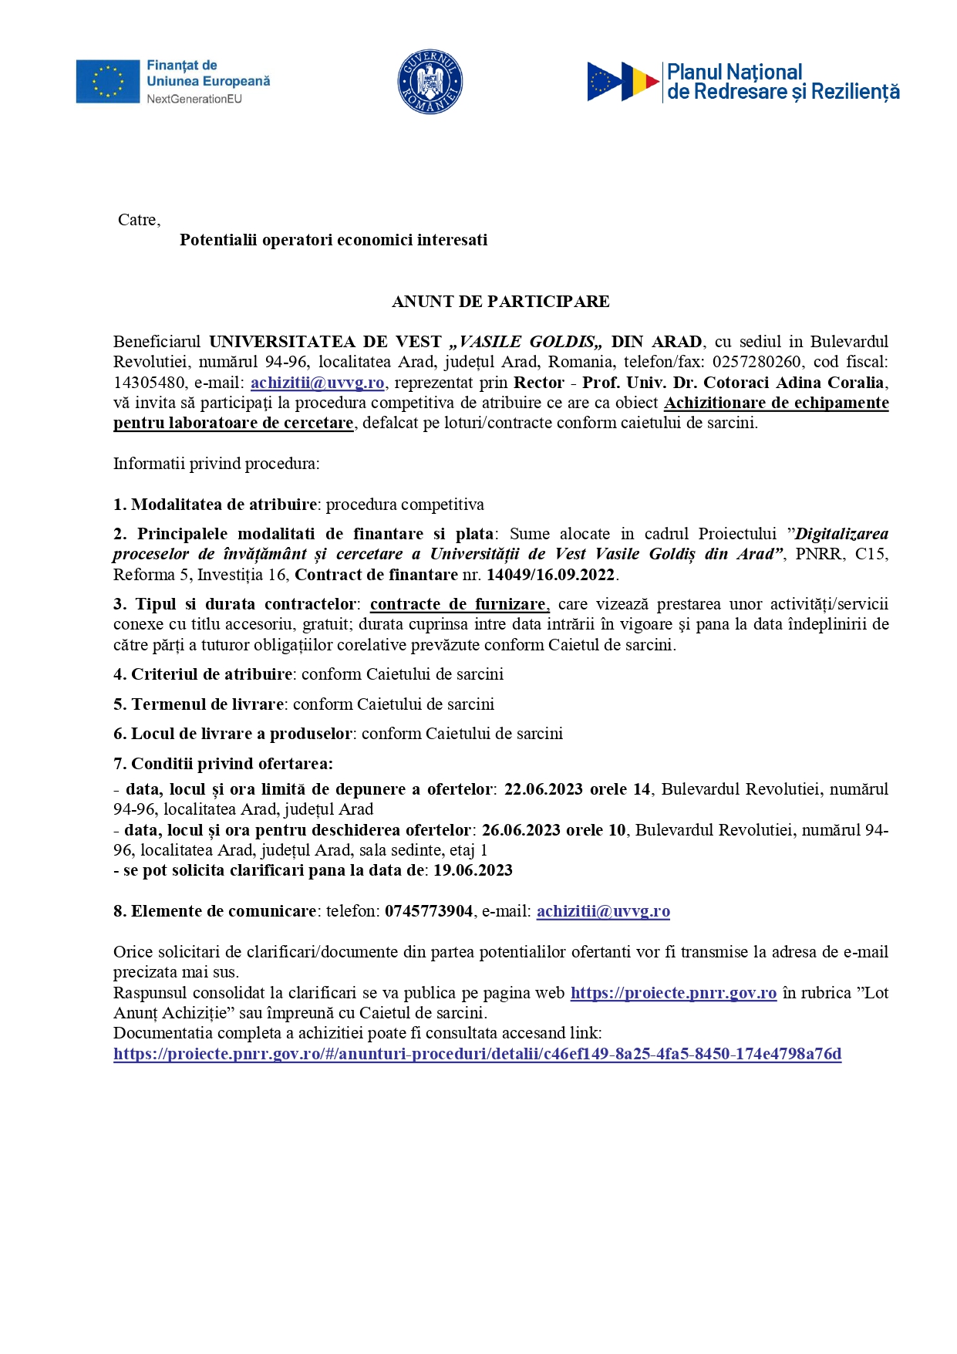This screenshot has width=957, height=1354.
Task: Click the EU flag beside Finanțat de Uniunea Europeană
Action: pyautogui.click(x=107, y=81)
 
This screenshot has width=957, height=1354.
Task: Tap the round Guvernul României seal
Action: pyautogui.click(x=430, y=81)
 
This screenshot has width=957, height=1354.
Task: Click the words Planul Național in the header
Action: pyautogui.click(x=734, y=72)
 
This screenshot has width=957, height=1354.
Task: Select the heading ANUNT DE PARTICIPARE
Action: pyautogui.click(x=500, y=302)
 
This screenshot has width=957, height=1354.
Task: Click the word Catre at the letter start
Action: pyautogui.click(x=138, y=220)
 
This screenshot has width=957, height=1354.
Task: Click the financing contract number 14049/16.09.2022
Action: pyautogui.click(x=551, y=575)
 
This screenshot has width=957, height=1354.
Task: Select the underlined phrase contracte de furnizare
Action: pyautogui.click(x=459, y=604)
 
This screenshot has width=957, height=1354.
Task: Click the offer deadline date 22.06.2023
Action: pyautogui.click(x=544, y=789)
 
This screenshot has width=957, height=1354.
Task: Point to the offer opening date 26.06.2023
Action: pyautogui.click(x=522, y=830)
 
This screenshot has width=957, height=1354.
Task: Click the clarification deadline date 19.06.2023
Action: pyautogui.click(x=473, y=870)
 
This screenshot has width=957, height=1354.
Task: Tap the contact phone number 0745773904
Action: pyautogui.click(x=429, y=911)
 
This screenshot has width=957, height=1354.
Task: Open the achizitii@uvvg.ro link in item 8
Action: pyautogui.click(x=603, y=911)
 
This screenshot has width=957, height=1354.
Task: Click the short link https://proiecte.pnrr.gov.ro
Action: pyautogui.click(x=673, y=993)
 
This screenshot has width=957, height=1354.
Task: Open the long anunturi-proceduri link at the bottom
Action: pyautogui.click(x=477, y=1054)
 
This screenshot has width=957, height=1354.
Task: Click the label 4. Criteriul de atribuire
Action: pyautogui.click(x=203, y=674)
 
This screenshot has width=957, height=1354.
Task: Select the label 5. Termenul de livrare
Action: pyautogui.click(x=198, y=704)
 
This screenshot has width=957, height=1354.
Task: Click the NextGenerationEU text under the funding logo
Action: pyautogui.click(x=194, y=99)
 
